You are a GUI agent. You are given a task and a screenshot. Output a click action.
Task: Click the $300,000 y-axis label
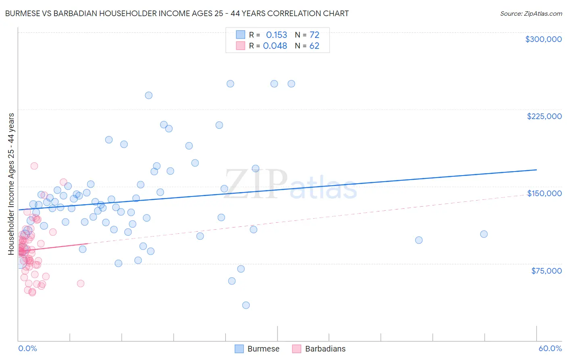pyautogui.click(x=543, y=39)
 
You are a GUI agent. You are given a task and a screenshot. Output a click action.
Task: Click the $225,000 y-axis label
pyautogui.click(x=544, y=116)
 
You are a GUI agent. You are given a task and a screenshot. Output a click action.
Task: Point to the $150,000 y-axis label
pyautogui.click(x=544, y=193)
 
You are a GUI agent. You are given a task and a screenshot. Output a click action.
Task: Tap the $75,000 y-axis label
pyautogui.click(x=546, y=271)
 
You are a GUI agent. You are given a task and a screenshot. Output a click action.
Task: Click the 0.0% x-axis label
pyautogui.click(x=27, y=349)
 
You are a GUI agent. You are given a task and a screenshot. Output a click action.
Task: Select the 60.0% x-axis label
pyautogui.click(x=550, y=349)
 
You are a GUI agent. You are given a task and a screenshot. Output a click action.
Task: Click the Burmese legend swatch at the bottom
pyautogui.click(x=239, y=349)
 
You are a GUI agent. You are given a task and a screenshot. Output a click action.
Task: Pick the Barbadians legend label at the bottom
pyautogui.click(x=325, y=349)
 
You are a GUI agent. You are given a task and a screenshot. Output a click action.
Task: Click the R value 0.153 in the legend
pyautogui.click(x=276, y=35)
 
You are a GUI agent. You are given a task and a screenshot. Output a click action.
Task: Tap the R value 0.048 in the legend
pyautogui.click(x=275, y=46)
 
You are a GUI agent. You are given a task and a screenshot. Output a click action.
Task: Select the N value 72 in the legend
pyautogui.click(x=314, y=35)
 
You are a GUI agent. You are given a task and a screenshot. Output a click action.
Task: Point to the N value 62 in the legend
pyautogui.click(x=314, y=46)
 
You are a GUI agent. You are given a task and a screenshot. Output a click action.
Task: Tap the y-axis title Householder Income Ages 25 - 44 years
pyautogui.click(x=11, y=184)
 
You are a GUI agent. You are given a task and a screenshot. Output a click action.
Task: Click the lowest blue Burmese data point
pyautogui.click(x=246, y=305)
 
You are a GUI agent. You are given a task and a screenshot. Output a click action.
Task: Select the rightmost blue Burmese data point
pyautogui.click(x=484, y=234)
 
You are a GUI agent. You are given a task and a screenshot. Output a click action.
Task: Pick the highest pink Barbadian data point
pyautogui.click(x=34, y=166)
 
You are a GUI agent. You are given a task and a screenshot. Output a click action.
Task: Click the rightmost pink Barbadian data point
pyautogui.click(x=81, y=283)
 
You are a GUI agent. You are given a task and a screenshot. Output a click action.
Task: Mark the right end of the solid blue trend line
pyautogui.click(x=537, y=170)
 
